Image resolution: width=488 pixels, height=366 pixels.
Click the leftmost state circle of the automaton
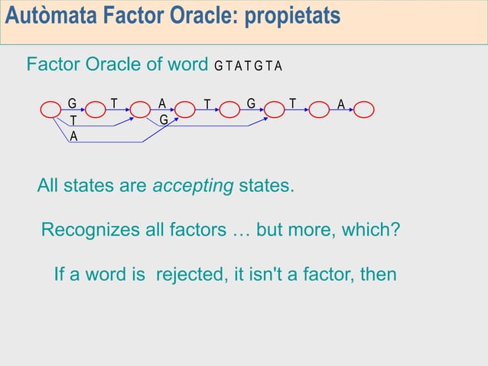[x=50, y=111]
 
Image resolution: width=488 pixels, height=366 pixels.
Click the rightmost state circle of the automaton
[x=364, y=111]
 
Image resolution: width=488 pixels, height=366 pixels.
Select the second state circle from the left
[x=96, y=111]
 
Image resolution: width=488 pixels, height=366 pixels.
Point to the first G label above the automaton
[x=72, y=103]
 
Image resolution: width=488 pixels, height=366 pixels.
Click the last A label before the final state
[x=341, y=103]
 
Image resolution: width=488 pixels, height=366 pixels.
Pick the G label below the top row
[x=164, y=120]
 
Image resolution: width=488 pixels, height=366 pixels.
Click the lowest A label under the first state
[x=73, y=136]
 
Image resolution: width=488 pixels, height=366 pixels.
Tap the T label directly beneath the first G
[x=73, y=121]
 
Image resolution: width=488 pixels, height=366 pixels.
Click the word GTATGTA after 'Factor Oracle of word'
[x=249, y=66]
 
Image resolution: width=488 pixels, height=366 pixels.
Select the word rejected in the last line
[x=187, y=273]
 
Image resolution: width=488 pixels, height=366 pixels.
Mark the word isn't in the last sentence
[x=243, y=273]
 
